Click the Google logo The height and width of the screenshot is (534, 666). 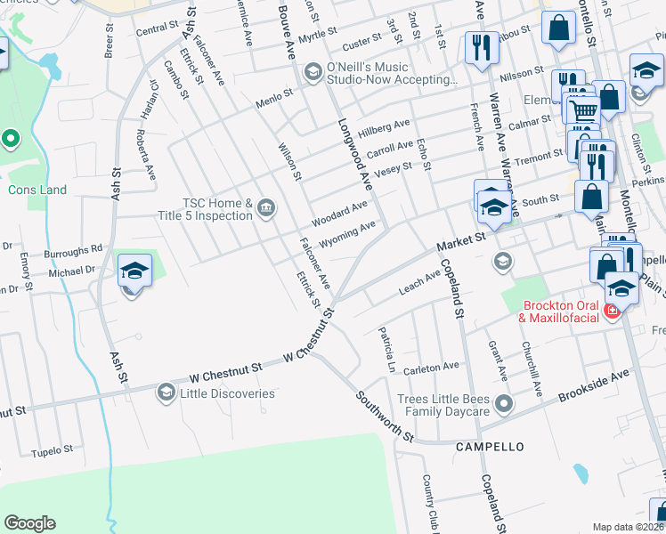pos(29,523)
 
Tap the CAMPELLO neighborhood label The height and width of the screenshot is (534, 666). pos(490,446)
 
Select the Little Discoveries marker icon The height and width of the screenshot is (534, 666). pos(166,392)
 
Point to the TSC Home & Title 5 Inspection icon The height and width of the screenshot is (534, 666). pos(265,209)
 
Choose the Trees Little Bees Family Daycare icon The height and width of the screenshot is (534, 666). pos(503,405)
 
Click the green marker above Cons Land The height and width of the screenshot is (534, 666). pos(11,139)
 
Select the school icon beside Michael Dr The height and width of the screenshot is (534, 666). pos(134,271)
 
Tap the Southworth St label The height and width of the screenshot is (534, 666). pos(385,417)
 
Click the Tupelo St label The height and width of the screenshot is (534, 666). pos(52,452)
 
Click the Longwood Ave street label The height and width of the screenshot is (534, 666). pos(353,153)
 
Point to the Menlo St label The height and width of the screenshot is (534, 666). pos(275,93)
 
